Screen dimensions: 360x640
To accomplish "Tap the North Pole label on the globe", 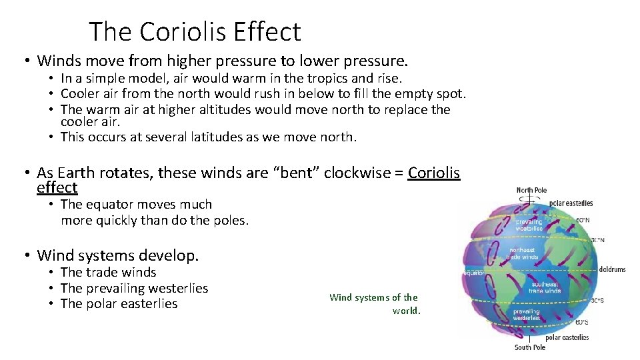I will (x=531, y=190).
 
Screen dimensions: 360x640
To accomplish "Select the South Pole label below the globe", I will (x=529, y=347).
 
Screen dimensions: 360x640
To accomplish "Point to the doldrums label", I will (x=612, y=269).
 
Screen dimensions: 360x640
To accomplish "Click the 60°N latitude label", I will (x=582, y=219).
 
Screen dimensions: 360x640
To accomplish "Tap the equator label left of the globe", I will (x=473, y=273).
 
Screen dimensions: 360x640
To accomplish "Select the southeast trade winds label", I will (x=545, y=287).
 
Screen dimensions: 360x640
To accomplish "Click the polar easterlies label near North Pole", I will (x=571, y=203).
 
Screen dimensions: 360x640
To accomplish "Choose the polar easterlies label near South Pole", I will (x=566, y=337).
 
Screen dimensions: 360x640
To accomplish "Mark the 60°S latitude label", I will (x=581, y=322).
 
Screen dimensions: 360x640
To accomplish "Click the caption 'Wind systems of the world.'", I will (x=375, y=304).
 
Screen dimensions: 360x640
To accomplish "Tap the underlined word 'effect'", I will (x=57, y=187).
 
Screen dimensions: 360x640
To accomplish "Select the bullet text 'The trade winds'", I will (x=108, y=272).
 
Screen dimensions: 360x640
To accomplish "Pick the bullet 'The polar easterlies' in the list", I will (x=119, y=303).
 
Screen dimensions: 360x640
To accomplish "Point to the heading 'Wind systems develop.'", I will (x=118, y=255).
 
